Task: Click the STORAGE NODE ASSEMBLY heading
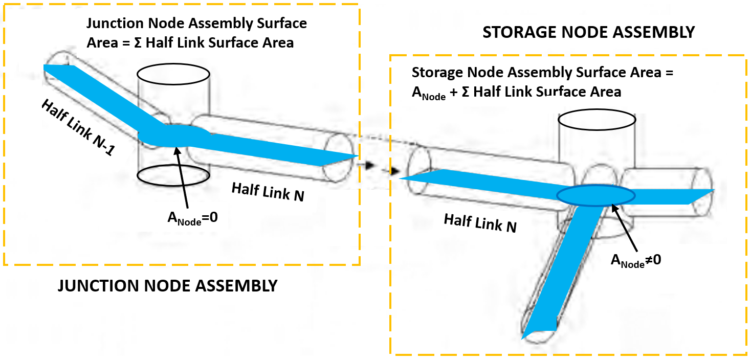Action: tap(588, 32)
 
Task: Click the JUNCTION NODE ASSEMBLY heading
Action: tap(167, 285)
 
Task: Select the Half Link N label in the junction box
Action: tap(268, 192)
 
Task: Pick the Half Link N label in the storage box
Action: tap(480, 223)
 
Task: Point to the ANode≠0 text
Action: tap(636, 259)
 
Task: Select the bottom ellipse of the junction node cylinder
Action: tap(173, 174)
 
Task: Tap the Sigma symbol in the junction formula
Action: tap(140, 42)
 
